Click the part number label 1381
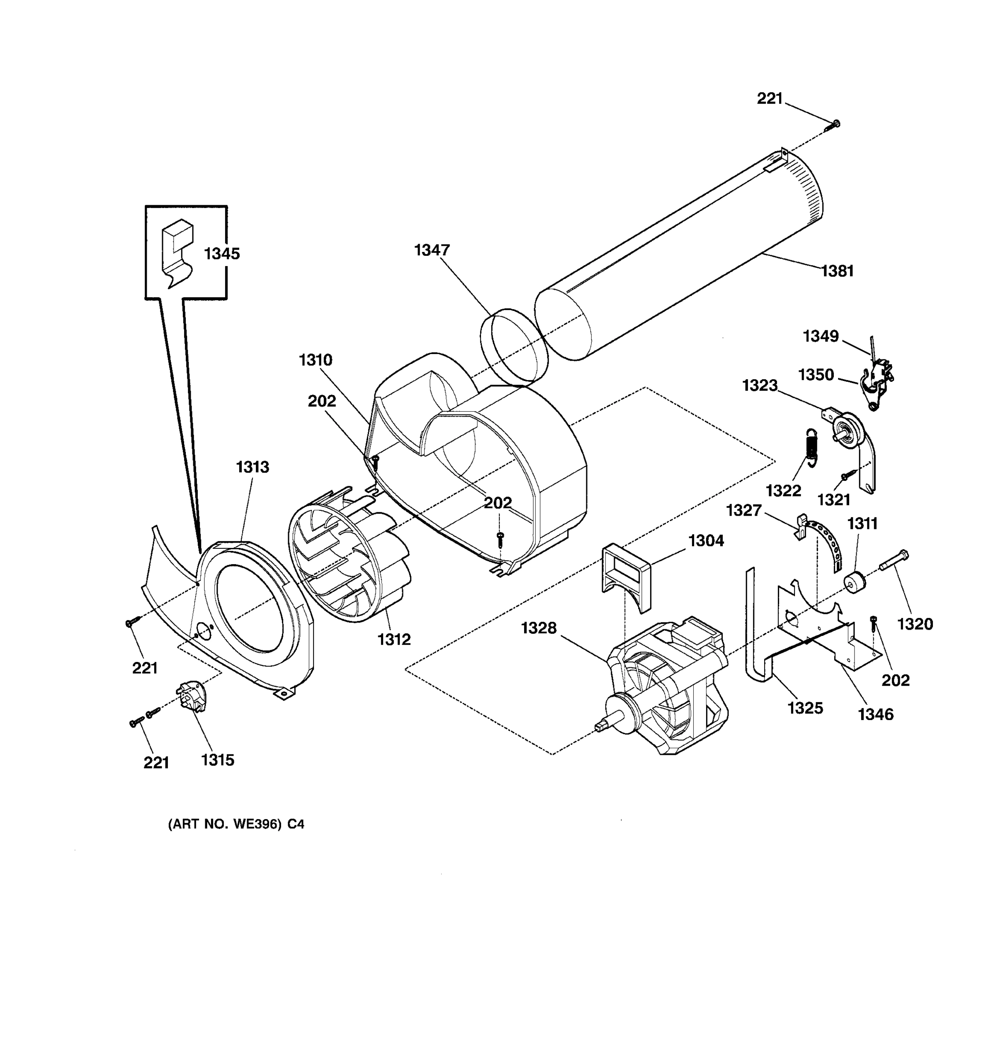tap(837, 271)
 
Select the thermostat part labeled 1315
tap(192, 696)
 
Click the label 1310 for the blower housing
tap(315, 361)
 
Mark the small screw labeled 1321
tap(845, 477)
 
